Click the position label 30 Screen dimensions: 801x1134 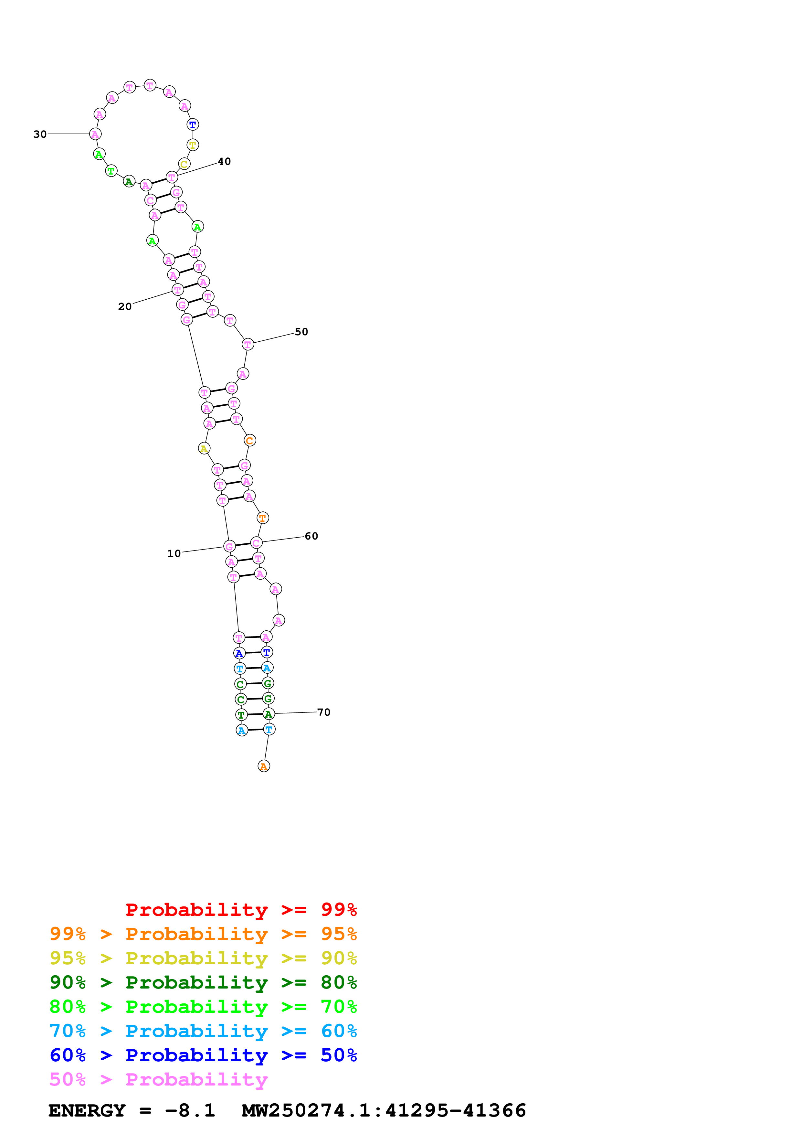click(40, 134)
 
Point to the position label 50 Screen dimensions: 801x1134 click(301, 332)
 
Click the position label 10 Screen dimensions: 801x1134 click(174, 554)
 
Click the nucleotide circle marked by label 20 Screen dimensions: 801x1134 click(178, 290)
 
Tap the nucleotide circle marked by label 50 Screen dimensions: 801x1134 click(248, 344)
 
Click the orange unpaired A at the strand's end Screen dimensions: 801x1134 click(264, 766)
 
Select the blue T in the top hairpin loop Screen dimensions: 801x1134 click(193, 125)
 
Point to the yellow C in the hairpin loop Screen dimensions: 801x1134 click(184, 165)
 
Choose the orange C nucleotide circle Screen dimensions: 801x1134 click(250, 441)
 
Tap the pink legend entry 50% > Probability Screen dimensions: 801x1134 click(158, 1080)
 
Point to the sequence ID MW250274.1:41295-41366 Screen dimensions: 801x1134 click(384, 1110)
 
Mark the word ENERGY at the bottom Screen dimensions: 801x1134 click(87, 1110)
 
